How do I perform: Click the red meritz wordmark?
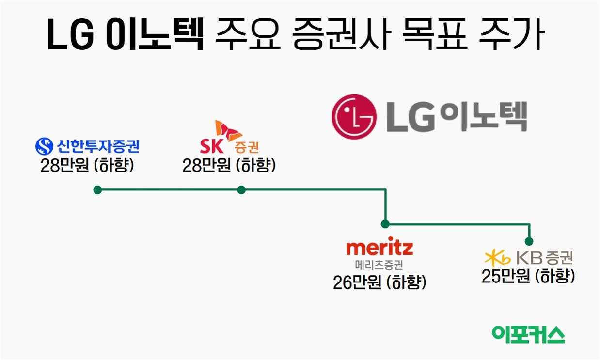(x=379, y=248)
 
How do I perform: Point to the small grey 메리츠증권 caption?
(x=379, y=265)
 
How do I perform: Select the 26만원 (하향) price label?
(x=379, y=282)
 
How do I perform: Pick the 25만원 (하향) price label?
(x=528, y=276)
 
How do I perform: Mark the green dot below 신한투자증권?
(x=97, y=190)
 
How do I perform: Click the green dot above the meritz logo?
(x=385, y=224)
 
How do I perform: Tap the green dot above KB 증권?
(x=529, y=241)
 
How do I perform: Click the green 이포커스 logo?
(x=528, y=334)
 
